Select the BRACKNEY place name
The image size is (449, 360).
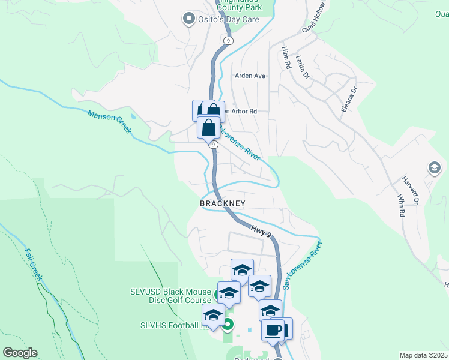pos(223,204)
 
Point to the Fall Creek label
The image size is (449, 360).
pos(32,265)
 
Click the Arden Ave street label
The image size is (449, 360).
pos(250,76)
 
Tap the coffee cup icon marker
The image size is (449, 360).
pos(273,330)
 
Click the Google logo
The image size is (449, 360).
pos(20,353)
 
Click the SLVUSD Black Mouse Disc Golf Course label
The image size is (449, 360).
pos(170,296)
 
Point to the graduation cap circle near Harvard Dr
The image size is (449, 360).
pos(433,168)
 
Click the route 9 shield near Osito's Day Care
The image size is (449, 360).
pos(227,40)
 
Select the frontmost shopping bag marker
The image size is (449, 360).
pos(208,128)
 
